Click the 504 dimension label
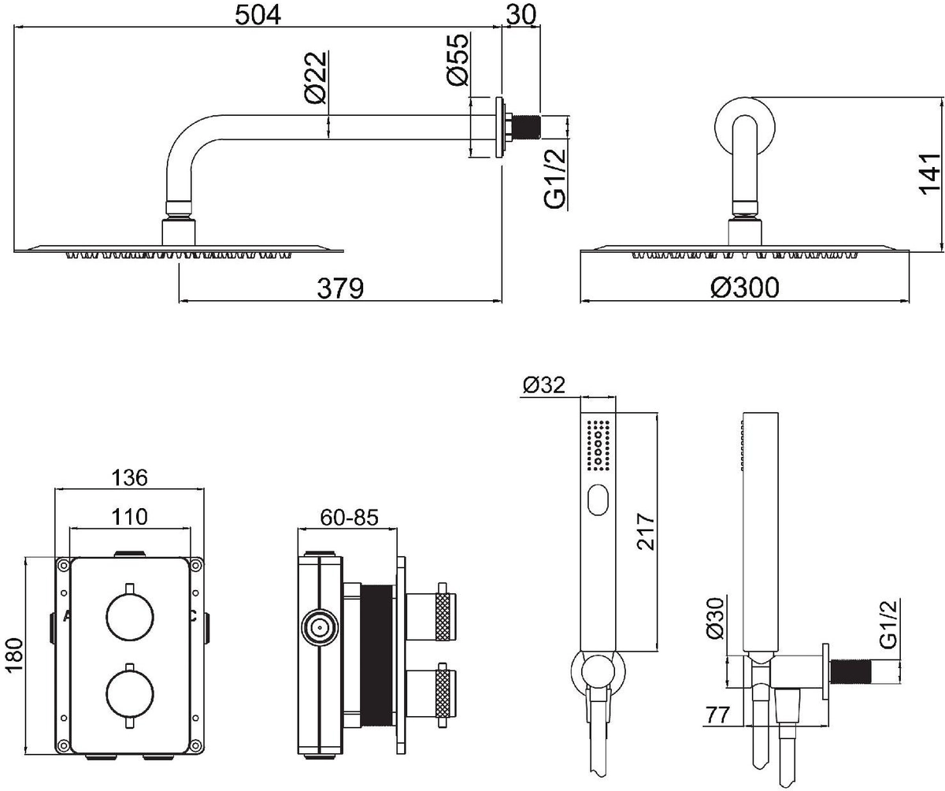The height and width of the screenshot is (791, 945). point(258,15)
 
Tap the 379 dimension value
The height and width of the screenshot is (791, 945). point(340,288)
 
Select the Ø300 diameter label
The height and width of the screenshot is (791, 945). point(744,288)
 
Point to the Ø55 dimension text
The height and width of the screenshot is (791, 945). point(457,59)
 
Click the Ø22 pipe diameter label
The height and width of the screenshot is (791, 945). point(316,77)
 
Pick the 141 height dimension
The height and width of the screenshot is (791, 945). point(931,174)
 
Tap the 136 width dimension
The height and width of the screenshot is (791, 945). point(129,478)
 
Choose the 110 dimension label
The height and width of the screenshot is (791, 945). point(129,517)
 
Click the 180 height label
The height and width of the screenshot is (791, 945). point(15,655)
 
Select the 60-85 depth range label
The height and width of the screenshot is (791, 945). point(349,518)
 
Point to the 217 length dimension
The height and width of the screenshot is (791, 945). point(646,532)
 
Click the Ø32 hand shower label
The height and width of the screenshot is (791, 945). point(543,385)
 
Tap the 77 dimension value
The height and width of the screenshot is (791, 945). point(717,715)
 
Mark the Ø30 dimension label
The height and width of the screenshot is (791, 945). point(715,618)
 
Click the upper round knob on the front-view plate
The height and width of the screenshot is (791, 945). point(130,618)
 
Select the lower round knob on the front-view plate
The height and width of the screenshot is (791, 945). point(130,693)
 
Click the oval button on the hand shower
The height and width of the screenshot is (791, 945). point(598,499)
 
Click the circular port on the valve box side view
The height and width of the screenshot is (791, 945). point(320,628)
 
